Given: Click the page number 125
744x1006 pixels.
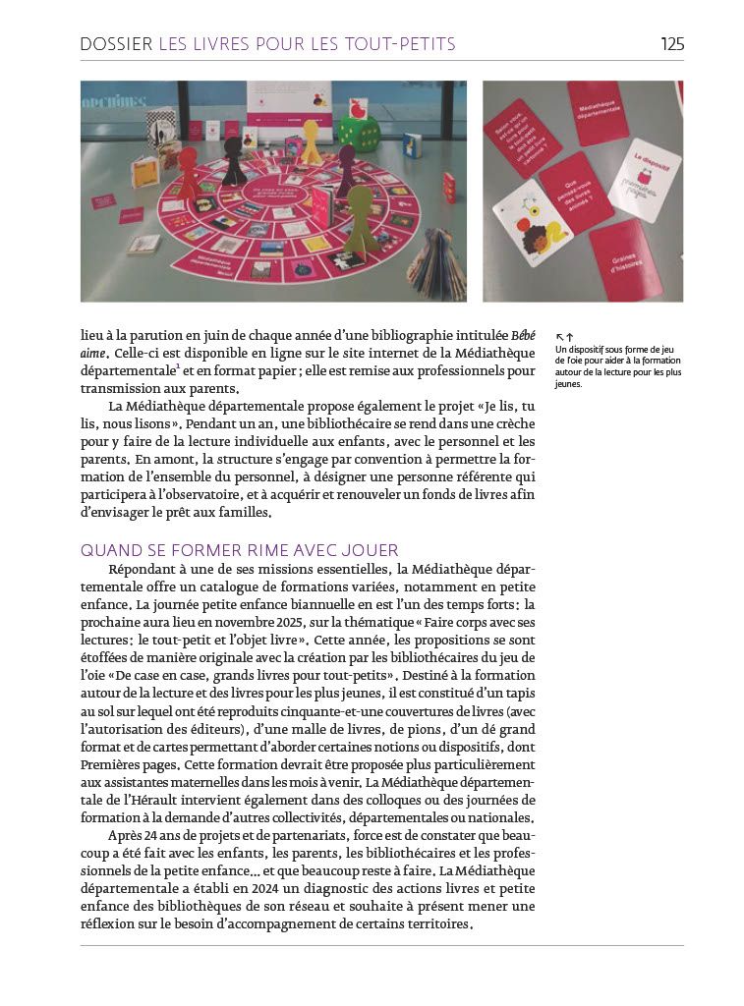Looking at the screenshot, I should pos(672,44).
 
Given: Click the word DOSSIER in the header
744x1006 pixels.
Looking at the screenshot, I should pos(116,44).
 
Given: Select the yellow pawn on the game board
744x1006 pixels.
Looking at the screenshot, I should pos(311,141).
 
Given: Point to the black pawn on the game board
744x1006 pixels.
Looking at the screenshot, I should pos(234,160).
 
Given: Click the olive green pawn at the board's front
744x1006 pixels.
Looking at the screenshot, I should pos(361,216).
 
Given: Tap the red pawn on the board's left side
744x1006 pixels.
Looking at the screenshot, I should pos(187,173).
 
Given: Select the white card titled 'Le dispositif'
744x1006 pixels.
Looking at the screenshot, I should pos(645,178).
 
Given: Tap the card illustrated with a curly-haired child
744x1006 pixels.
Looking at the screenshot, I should pos(532,221).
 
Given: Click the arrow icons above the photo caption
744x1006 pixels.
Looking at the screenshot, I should pos(564,337).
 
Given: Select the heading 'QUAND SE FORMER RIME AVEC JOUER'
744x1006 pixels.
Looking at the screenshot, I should pos(240,550).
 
